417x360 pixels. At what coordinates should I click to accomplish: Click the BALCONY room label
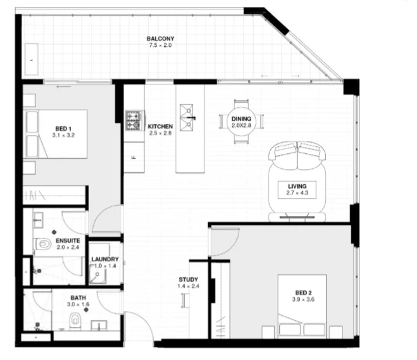[159, 38]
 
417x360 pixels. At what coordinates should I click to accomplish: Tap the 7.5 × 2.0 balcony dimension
[159, 46]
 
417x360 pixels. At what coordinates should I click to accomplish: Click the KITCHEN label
[160, 127]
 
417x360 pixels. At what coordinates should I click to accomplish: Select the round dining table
[241, 122]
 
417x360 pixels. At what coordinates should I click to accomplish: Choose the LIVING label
[298, 186]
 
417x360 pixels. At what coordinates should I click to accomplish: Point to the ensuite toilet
[43, 244]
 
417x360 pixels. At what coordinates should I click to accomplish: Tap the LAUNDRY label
[105, 259]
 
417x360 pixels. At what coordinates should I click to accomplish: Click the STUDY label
[188, 279]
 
